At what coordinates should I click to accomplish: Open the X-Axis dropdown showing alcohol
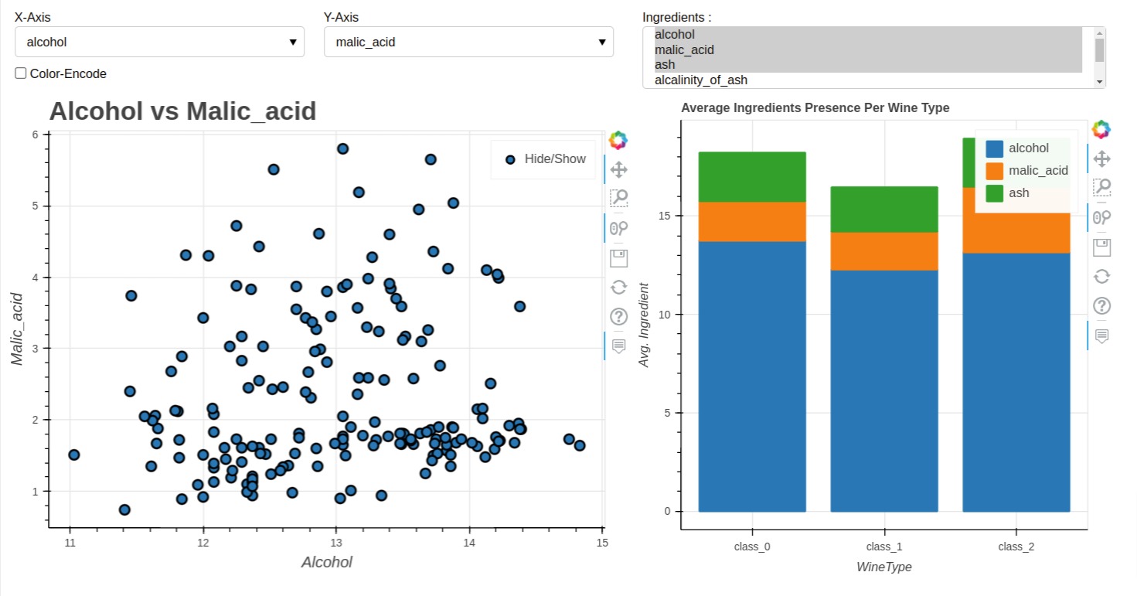click(x=159, y=42)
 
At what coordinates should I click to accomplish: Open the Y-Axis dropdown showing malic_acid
click(x=468, y=42)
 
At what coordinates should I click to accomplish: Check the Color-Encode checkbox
click(x=21, y=73)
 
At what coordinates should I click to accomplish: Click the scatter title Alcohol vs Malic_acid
click(x=182, y=111)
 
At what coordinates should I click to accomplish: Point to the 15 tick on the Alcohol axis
click(x=602, y=543)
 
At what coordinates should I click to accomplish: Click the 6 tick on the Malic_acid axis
click(x=36, y=135)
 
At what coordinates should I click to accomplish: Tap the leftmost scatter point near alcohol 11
click(x=74, y=455)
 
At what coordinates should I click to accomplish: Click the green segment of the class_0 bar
click(x=751, y=176)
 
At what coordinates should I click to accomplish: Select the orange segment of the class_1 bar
click(x=883, y=251)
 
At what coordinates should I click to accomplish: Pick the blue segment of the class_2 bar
click(x=1016, y=382)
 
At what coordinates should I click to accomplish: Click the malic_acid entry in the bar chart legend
click(x=1037, y=171)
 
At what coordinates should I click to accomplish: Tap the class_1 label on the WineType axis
click(x=883, y=547)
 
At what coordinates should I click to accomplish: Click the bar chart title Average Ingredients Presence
click(x=815, y=108)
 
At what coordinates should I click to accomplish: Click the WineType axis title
click(x=883, y=567)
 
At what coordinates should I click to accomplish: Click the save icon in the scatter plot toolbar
click(x=618, y=257)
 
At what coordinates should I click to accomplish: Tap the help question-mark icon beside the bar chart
click(x=1101, y=305)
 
